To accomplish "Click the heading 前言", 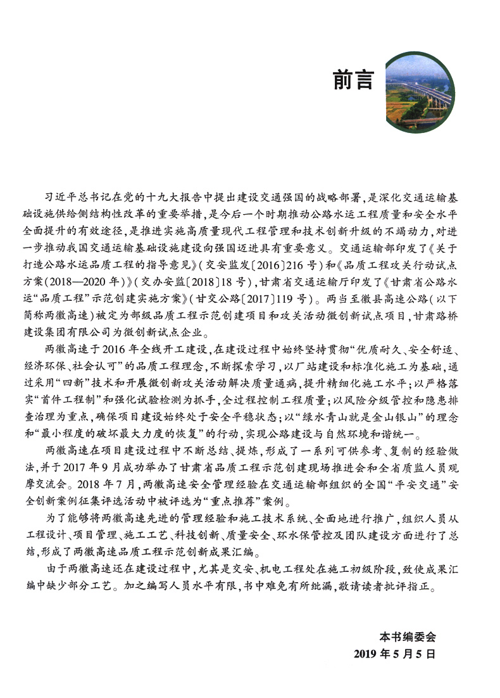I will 353,80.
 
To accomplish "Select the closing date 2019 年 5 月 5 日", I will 395,654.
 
